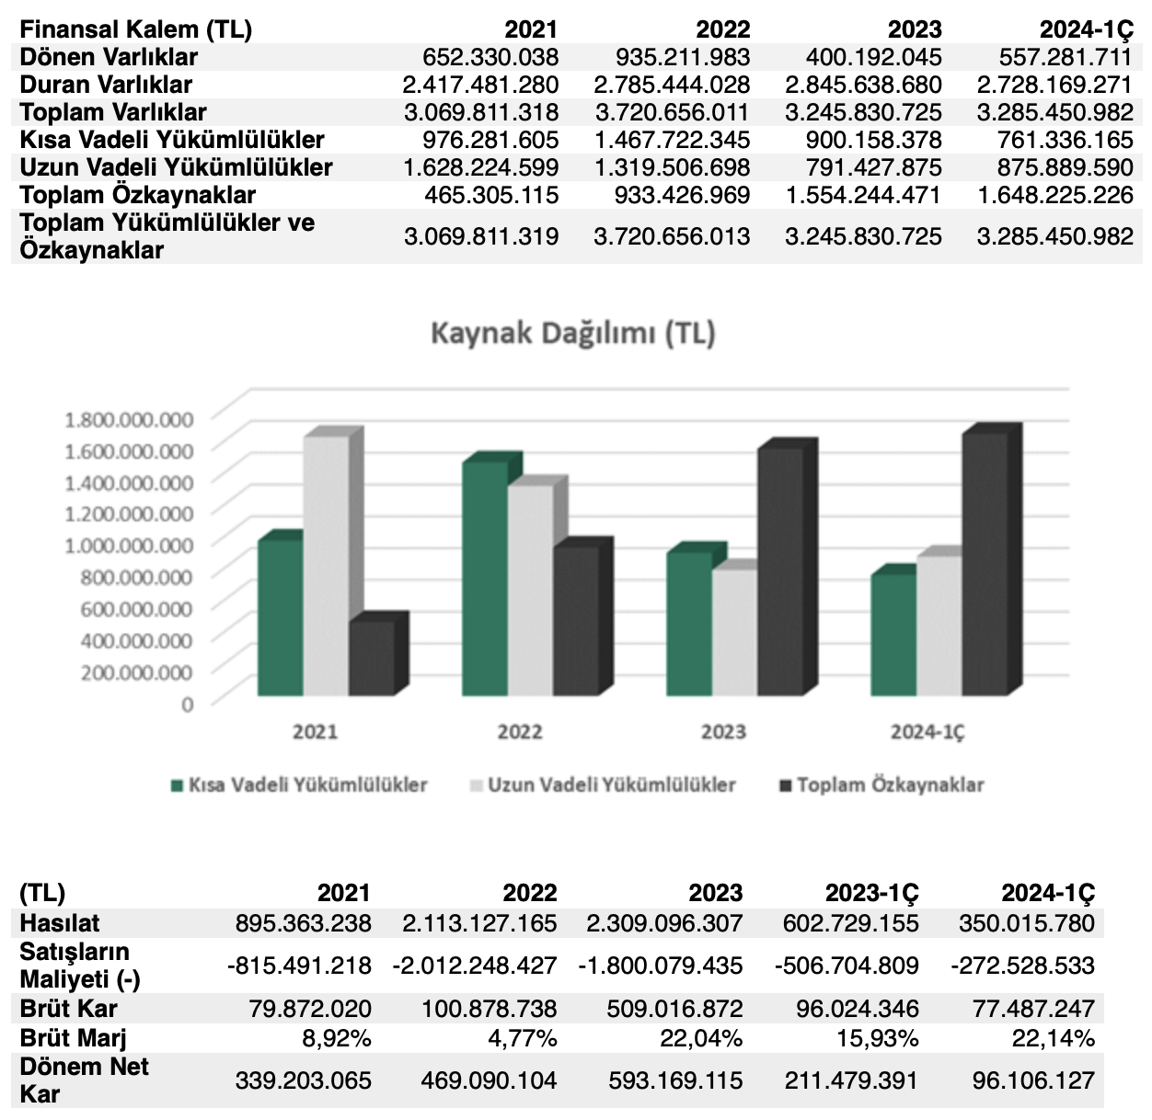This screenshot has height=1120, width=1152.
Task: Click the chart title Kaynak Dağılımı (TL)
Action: [572, 333]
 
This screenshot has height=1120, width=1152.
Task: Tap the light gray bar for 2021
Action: [326, 566]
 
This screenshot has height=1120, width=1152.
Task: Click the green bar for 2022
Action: [484, 579]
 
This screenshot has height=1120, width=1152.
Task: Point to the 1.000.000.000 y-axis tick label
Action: [129, 544]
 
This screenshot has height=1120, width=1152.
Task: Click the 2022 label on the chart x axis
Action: [519, 732]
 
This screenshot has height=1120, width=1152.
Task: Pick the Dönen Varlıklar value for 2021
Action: [490, 57]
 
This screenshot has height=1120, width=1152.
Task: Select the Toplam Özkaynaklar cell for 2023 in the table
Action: [863, 195]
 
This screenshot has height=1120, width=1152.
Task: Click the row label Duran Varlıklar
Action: [106, 85]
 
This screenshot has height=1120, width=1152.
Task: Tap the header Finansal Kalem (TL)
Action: [135, 29]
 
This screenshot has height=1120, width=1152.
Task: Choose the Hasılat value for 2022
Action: [479, 923]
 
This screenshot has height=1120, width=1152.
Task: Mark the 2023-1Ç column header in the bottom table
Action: [871, 893]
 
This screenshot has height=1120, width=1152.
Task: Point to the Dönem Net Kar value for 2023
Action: [675, 1080]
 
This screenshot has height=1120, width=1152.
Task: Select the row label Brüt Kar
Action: [68, 1009]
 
